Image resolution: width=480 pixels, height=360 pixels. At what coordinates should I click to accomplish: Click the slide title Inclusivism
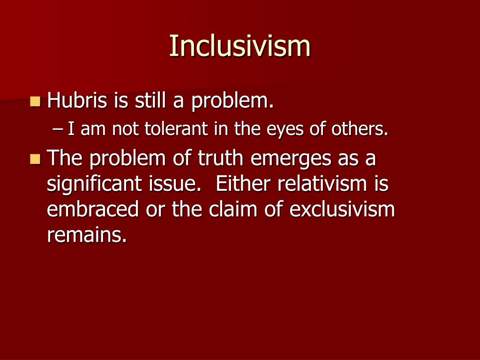(240, 46)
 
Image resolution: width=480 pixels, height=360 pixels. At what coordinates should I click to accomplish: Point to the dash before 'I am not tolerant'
(59, 129)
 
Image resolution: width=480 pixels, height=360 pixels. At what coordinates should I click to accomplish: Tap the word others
(360, 129)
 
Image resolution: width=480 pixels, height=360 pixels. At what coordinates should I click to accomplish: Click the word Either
(243, 184)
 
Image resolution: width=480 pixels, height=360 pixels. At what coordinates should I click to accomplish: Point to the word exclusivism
(342, 210)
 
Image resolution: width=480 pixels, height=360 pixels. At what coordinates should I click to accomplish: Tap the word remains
(87, 235)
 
